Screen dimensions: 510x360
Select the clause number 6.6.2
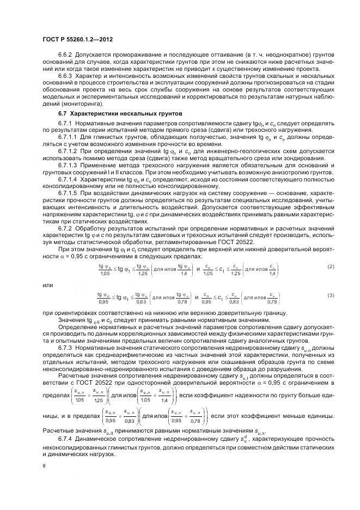(66, 56)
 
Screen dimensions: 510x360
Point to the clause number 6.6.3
(66, 77)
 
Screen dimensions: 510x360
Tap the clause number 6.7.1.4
(69, 179)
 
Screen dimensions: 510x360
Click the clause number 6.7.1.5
(69, 193)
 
